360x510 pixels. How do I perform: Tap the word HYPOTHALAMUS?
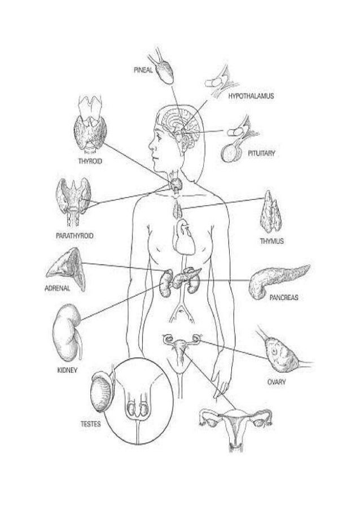click(x=251, y=97)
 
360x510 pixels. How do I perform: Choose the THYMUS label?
click(x=271, y=241)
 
